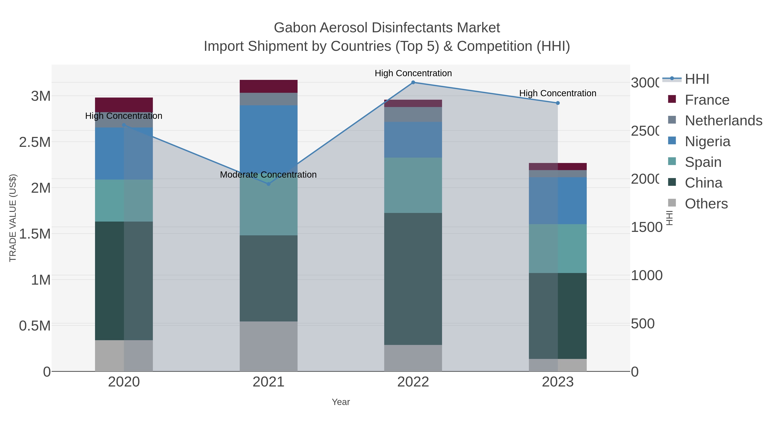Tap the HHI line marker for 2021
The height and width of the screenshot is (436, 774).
[268, 184]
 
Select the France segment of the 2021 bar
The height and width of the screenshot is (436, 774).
[268, 86]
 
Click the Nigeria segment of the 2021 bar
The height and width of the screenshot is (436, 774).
[268, 135]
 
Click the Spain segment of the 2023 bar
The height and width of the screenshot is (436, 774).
[558, 248]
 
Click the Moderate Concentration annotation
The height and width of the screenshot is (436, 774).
[268, 175]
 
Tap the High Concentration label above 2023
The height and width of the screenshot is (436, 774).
[558, 93]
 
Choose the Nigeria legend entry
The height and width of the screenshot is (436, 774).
[707, 141]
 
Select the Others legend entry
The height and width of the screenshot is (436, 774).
[706, 204]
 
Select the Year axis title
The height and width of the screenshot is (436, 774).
[341, 402]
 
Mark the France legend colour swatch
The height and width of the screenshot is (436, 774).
[672, 99]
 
